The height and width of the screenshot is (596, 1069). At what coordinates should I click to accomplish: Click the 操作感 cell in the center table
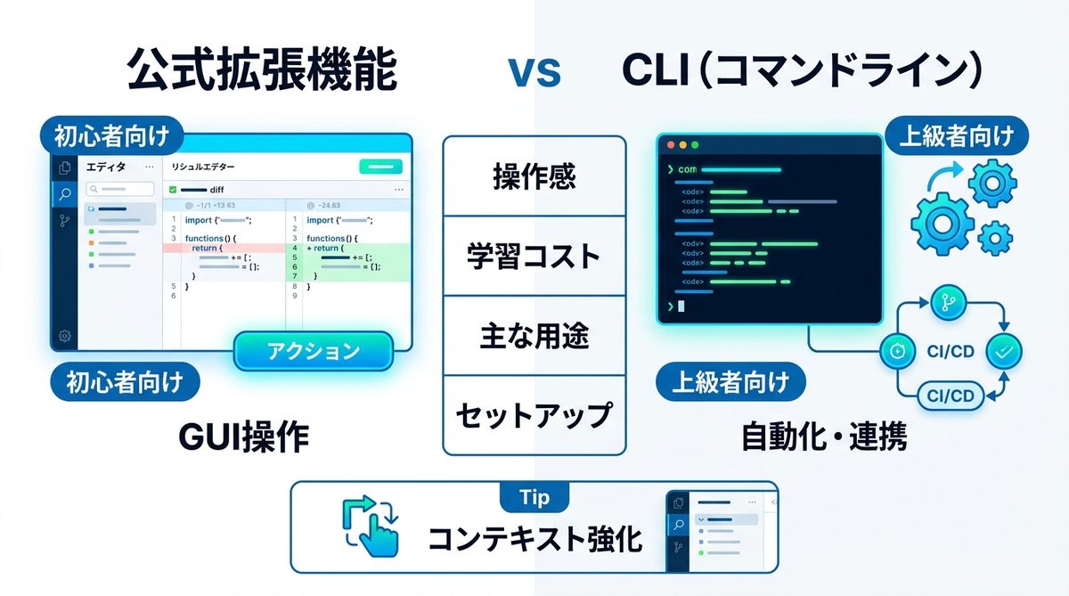pyautogui.click(x=534, y=176)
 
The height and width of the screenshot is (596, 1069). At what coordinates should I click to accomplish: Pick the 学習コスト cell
pyautogui.click(x=534, y=257)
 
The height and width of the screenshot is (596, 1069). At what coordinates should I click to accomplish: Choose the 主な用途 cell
pyautogui.click(x=534, y=336)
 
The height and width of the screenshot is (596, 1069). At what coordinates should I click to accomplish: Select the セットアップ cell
pyautogui.click(x=534, y=415)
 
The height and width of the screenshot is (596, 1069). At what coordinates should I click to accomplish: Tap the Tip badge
pyautogui.click(x=534, y=496)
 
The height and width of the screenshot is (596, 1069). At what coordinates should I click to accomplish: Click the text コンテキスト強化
pyautogui.click(x=534, y=539)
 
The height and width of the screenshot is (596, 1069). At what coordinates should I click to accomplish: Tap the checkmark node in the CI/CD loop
pyautogui.click(x=1004, y=353)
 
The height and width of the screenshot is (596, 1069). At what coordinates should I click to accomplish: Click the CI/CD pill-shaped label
pyautogui.click(x=950, y=396)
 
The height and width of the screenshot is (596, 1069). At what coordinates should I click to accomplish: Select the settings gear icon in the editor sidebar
pyautogui.click(x=65, y=336)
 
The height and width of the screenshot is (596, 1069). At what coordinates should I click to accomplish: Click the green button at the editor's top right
pyautogui.click(x=380, y=167)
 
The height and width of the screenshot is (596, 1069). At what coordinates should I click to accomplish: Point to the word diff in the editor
pyautogui.click(x=216, y=189)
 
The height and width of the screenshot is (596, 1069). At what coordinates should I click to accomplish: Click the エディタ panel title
pyautogui.click(x=106, y=167)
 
